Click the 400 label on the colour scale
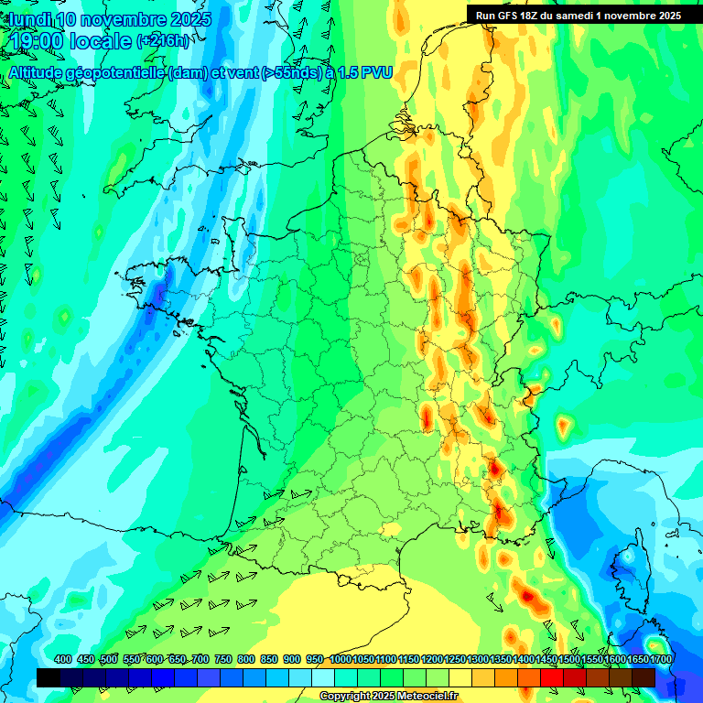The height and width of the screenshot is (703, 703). (63, 659)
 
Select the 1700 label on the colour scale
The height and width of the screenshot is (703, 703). (661, 659)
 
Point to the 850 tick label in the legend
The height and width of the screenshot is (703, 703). (269, 659)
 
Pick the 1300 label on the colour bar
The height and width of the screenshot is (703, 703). (478, 659)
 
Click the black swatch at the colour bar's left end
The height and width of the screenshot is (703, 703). (49, 677)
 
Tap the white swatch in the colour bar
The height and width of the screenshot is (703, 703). (323, 677)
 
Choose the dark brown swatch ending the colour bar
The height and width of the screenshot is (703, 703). (644, 677)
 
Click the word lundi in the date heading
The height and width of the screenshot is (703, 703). (27, 19)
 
